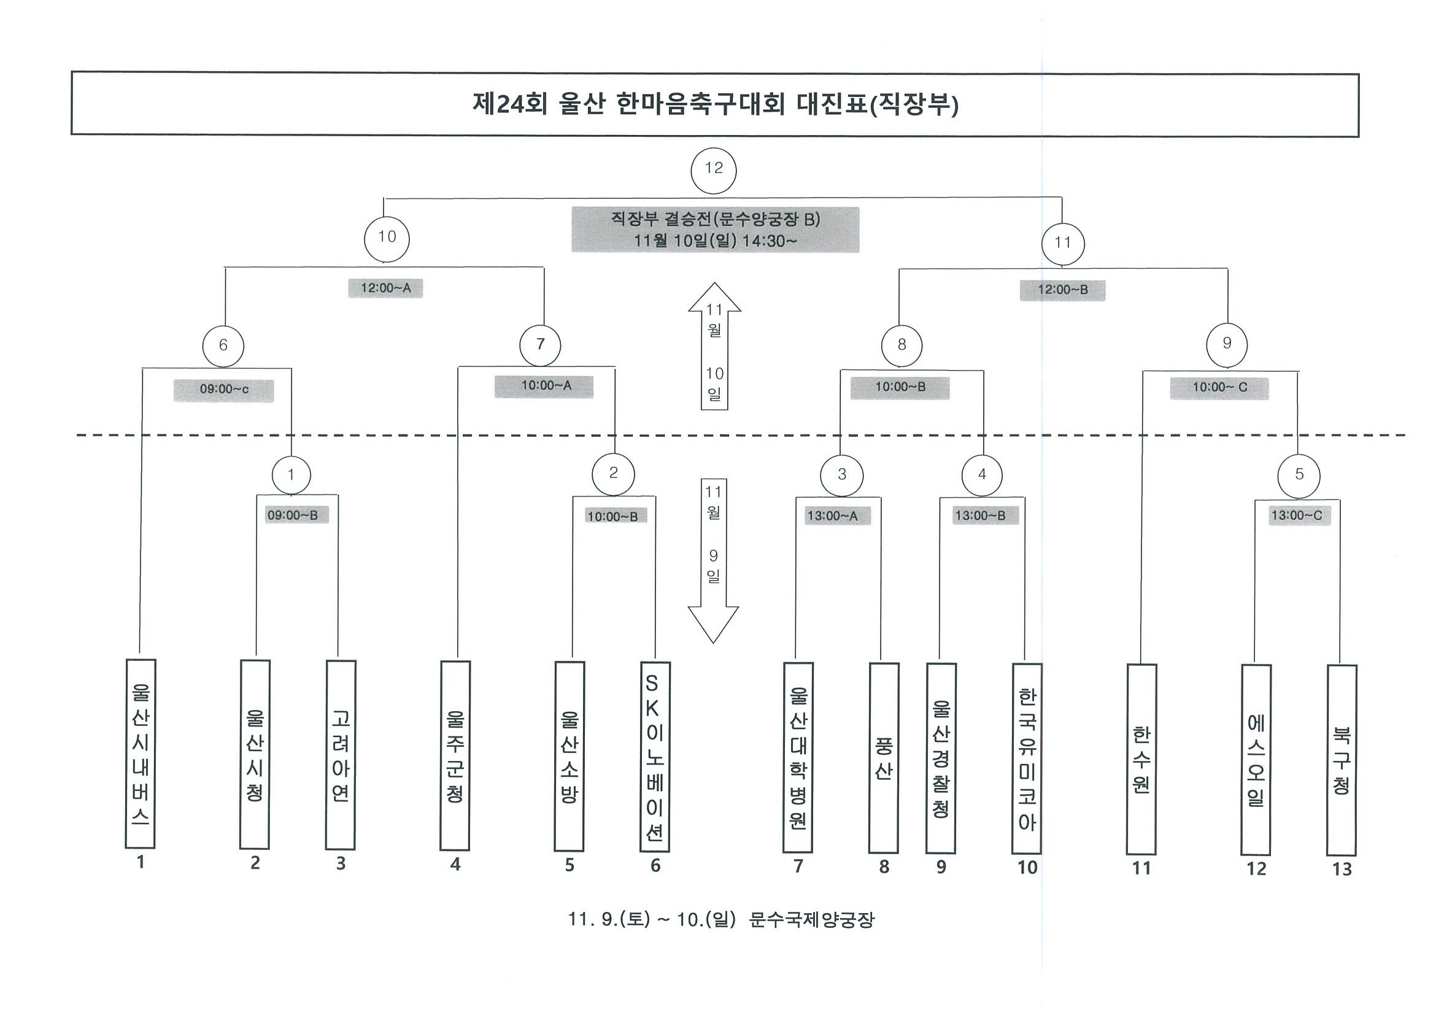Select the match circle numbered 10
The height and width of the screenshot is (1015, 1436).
[387, 238]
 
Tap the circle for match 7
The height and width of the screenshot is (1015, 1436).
[541, 345]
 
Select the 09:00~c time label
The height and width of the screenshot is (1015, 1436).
[224, 390]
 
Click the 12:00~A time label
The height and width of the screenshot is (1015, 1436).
[385, 288]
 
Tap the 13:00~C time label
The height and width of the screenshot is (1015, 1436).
[1297, 516]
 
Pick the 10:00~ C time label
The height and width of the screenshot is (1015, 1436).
[1219, 388]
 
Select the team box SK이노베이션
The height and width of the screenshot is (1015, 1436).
[655, 757]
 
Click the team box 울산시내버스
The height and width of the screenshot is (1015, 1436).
[141, 754]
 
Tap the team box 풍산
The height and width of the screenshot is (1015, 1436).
[884, 758]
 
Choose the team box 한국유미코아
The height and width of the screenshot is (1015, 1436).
[1027, 759]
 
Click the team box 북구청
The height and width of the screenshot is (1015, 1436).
[1341, 760]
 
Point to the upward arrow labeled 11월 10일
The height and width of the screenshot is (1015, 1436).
[714, 346]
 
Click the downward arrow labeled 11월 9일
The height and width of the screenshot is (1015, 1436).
[714, 561]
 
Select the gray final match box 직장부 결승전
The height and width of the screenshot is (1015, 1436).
[715, 230]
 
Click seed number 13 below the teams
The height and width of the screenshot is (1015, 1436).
[1342, 869]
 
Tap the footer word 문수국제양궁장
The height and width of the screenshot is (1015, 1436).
[811, 920]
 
